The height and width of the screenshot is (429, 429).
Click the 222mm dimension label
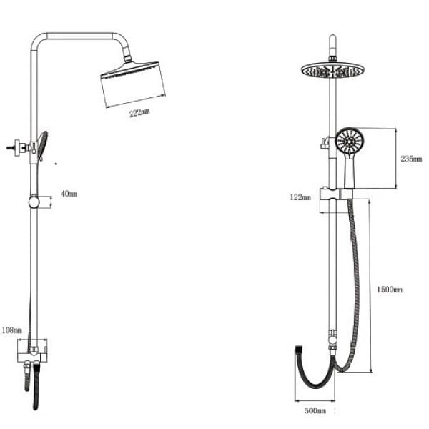click(x=139, y=113)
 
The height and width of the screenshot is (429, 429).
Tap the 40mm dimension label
click(x=69, y=194)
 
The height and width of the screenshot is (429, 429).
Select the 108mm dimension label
click(x=11, y=330)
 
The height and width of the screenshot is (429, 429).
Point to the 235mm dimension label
click(x=411, y=159)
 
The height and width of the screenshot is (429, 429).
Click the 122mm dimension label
click(x=300, y=197)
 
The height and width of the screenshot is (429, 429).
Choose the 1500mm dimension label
click(x=390, y=290)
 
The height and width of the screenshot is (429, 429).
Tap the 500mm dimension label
click(x=315, y=410)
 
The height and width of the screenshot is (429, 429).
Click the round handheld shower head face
click(x=350, y=142)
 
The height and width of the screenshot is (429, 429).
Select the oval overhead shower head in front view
click(x=332, y=70)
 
